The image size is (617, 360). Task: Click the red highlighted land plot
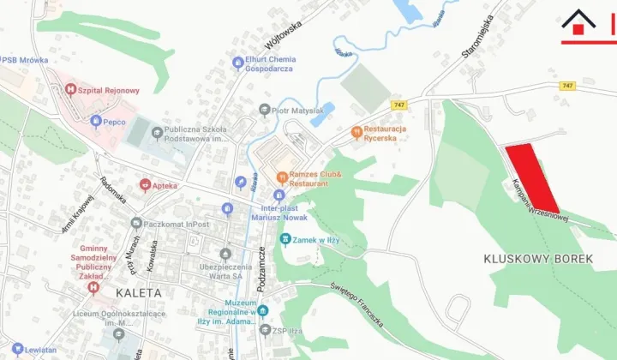pos(531,178)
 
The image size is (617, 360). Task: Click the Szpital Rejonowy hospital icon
pos(71,90)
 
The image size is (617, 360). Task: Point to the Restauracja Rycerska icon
pos(357,132)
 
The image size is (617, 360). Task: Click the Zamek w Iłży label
pos(314,240)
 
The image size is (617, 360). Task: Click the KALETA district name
pos(137,292)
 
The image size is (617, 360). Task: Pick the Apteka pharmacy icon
pos(146,185)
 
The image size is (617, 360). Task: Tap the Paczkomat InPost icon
pos(135,224)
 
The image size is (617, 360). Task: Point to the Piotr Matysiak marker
pos(265,111)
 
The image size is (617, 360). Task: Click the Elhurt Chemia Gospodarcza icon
pos(238,63)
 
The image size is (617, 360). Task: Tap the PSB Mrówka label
pos(26,61)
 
